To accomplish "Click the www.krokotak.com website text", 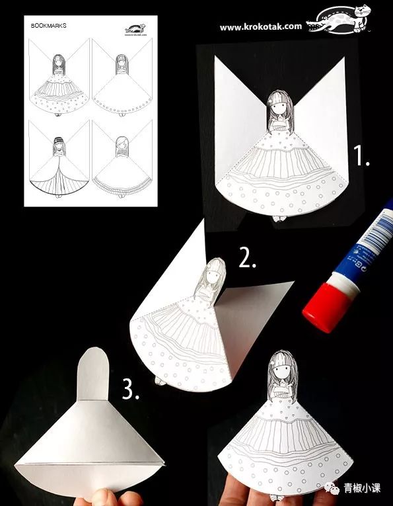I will pyautogui.click(x=260, y=27).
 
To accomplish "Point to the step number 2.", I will pyautogui.click(x=247, y=259).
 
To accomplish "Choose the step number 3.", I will pyautogui.click(x=131, y=390).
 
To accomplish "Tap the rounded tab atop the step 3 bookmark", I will pyautogui.click(x=92, y=374).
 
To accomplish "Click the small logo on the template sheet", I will pyautogui.click(x=135, y=30).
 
